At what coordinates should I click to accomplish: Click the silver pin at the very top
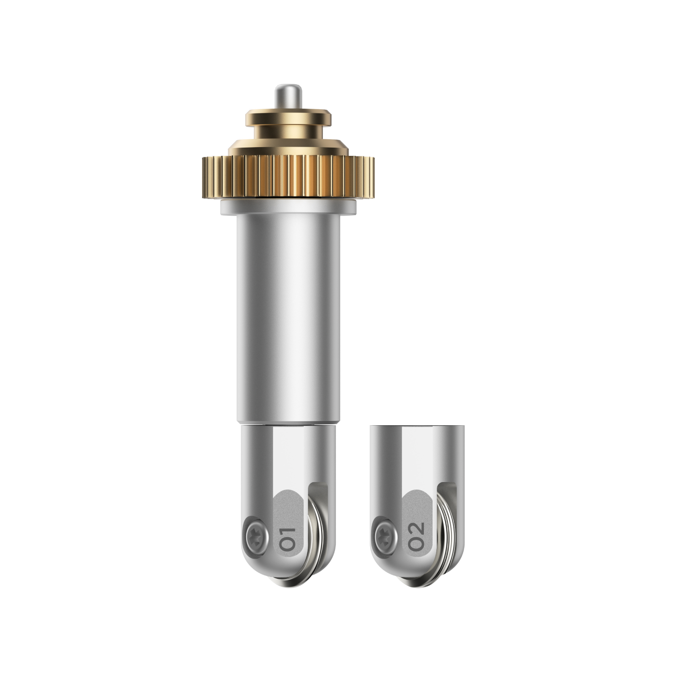(288, 97)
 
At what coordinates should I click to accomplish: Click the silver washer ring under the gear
(288, 207)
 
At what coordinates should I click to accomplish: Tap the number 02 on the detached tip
(416, 536)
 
